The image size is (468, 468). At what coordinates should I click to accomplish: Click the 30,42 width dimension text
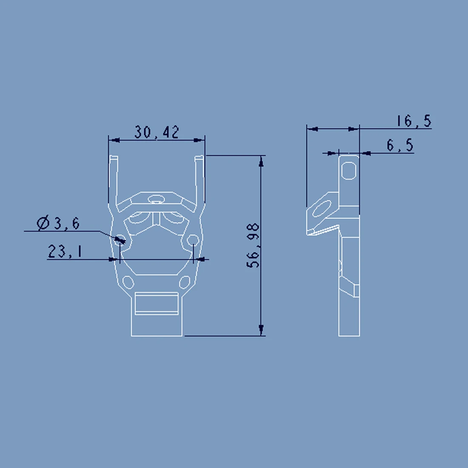click(x=157, y=132)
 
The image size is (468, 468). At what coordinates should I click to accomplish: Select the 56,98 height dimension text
click(x=253, y=245)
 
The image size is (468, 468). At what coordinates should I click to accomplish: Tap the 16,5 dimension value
click(x=414, y=121)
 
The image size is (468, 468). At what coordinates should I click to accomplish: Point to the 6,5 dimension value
click(x=400, y=146)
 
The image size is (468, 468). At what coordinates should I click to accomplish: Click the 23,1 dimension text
click(x=65, y=251)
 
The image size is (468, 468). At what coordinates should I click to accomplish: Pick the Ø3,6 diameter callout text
click(x=58, y=223)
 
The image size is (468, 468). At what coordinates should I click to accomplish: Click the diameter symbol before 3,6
click(x=43, y=223)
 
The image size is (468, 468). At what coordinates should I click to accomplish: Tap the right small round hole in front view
click(x=193, y=240)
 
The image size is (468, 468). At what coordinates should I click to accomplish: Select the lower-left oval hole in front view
click(x=128, y=283)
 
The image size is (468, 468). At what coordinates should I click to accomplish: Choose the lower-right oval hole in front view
click(x=185, y=283)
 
